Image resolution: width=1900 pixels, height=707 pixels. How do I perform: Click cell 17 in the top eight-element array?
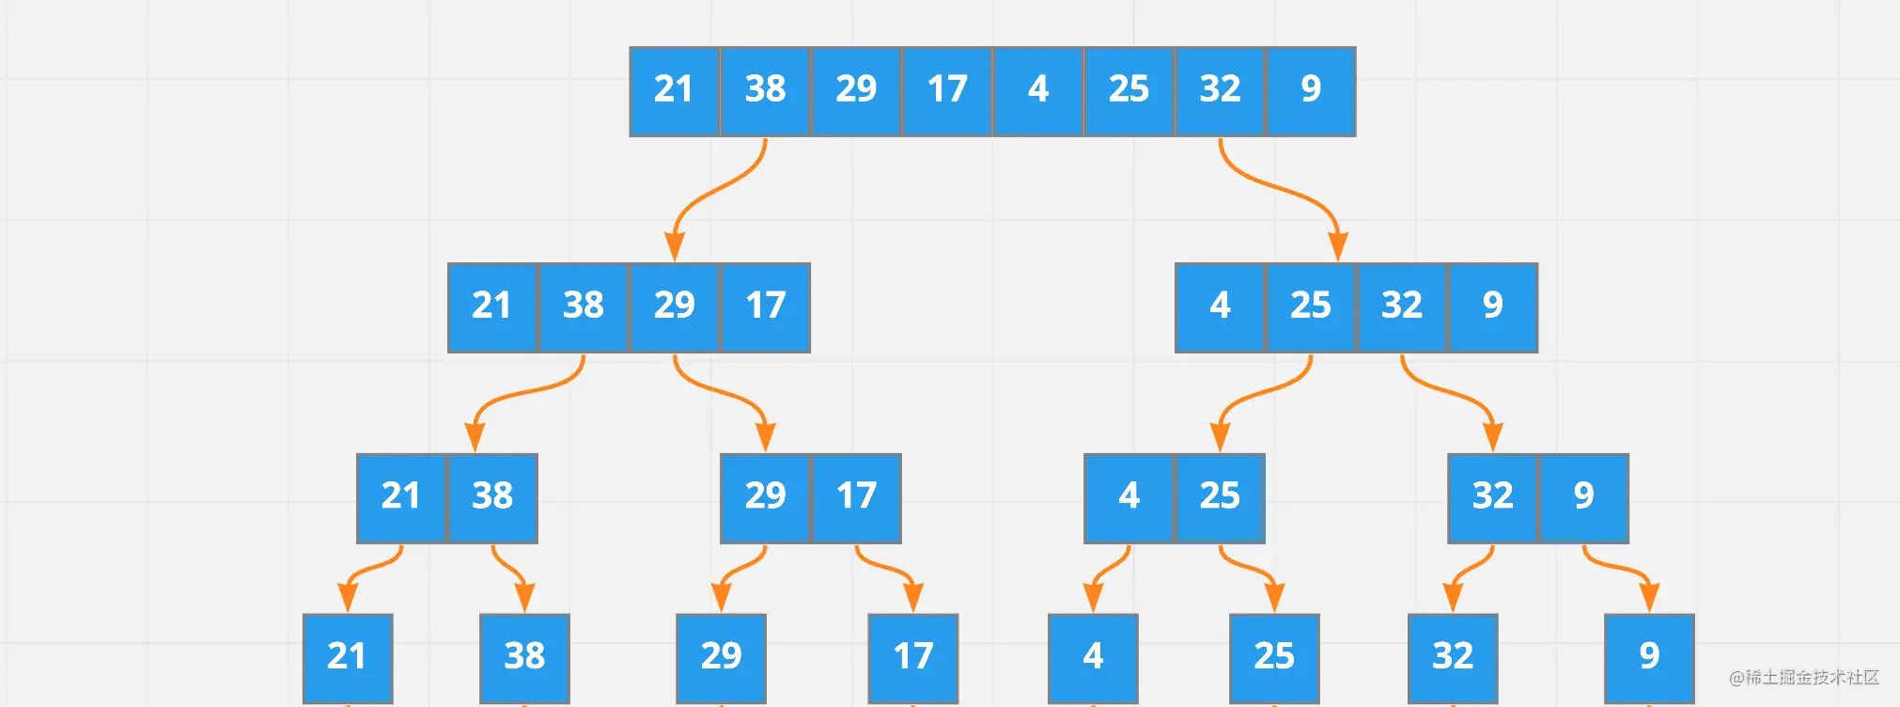[947, 91]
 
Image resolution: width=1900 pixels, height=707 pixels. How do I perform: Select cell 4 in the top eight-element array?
[1038, 91]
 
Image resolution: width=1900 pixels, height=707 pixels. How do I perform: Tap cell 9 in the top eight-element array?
[1311, 91]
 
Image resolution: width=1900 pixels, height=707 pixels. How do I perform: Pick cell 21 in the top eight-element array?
[675, 91]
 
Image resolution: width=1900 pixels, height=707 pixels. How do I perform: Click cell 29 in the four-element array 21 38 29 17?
[675, 307]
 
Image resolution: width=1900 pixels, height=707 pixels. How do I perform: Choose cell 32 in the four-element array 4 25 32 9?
[1402, 307]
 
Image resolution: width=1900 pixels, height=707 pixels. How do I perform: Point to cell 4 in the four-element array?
[1220, 307]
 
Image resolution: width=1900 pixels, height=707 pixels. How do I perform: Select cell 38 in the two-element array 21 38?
[492, 498]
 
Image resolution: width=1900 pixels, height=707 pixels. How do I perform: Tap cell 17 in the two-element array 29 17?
[856, 498]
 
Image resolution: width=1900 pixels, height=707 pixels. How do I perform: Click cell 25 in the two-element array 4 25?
[1220, 498]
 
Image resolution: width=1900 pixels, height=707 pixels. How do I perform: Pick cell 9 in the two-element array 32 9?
[1583, 498]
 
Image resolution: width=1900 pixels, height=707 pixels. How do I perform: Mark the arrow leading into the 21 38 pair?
[526, 390]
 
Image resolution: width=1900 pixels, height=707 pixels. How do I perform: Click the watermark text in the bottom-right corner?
[1803, 677]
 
